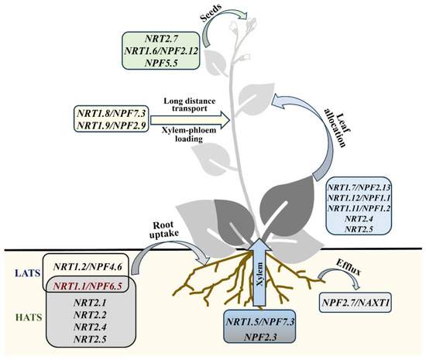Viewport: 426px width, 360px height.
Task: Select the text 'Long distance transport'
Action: point(191,105)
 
